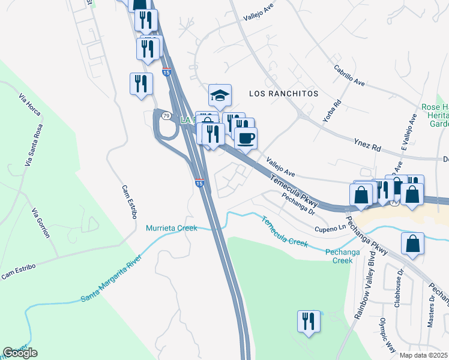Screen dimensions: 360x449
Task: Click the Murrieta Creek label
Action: click(x=171, y=228)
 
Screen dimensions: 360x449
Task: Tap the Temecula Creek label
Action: click(x=284, y=232)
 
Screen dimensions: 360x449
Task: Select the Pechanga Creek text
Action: click(x=343, y=256)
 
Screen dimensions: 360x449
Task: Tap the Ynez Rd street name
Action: click(x=368, y=146)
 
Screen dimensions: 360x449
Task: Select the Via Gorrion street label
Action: click(x=41, y=223)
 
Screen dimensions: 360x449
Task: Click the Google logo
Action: click(x=20, y=353)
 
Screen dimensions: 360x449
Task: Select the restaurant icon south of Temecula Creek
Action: click(x=309, y=321)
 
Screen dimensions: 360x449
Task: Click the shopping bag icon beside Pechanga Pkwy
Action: click(x=412, y=244)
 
